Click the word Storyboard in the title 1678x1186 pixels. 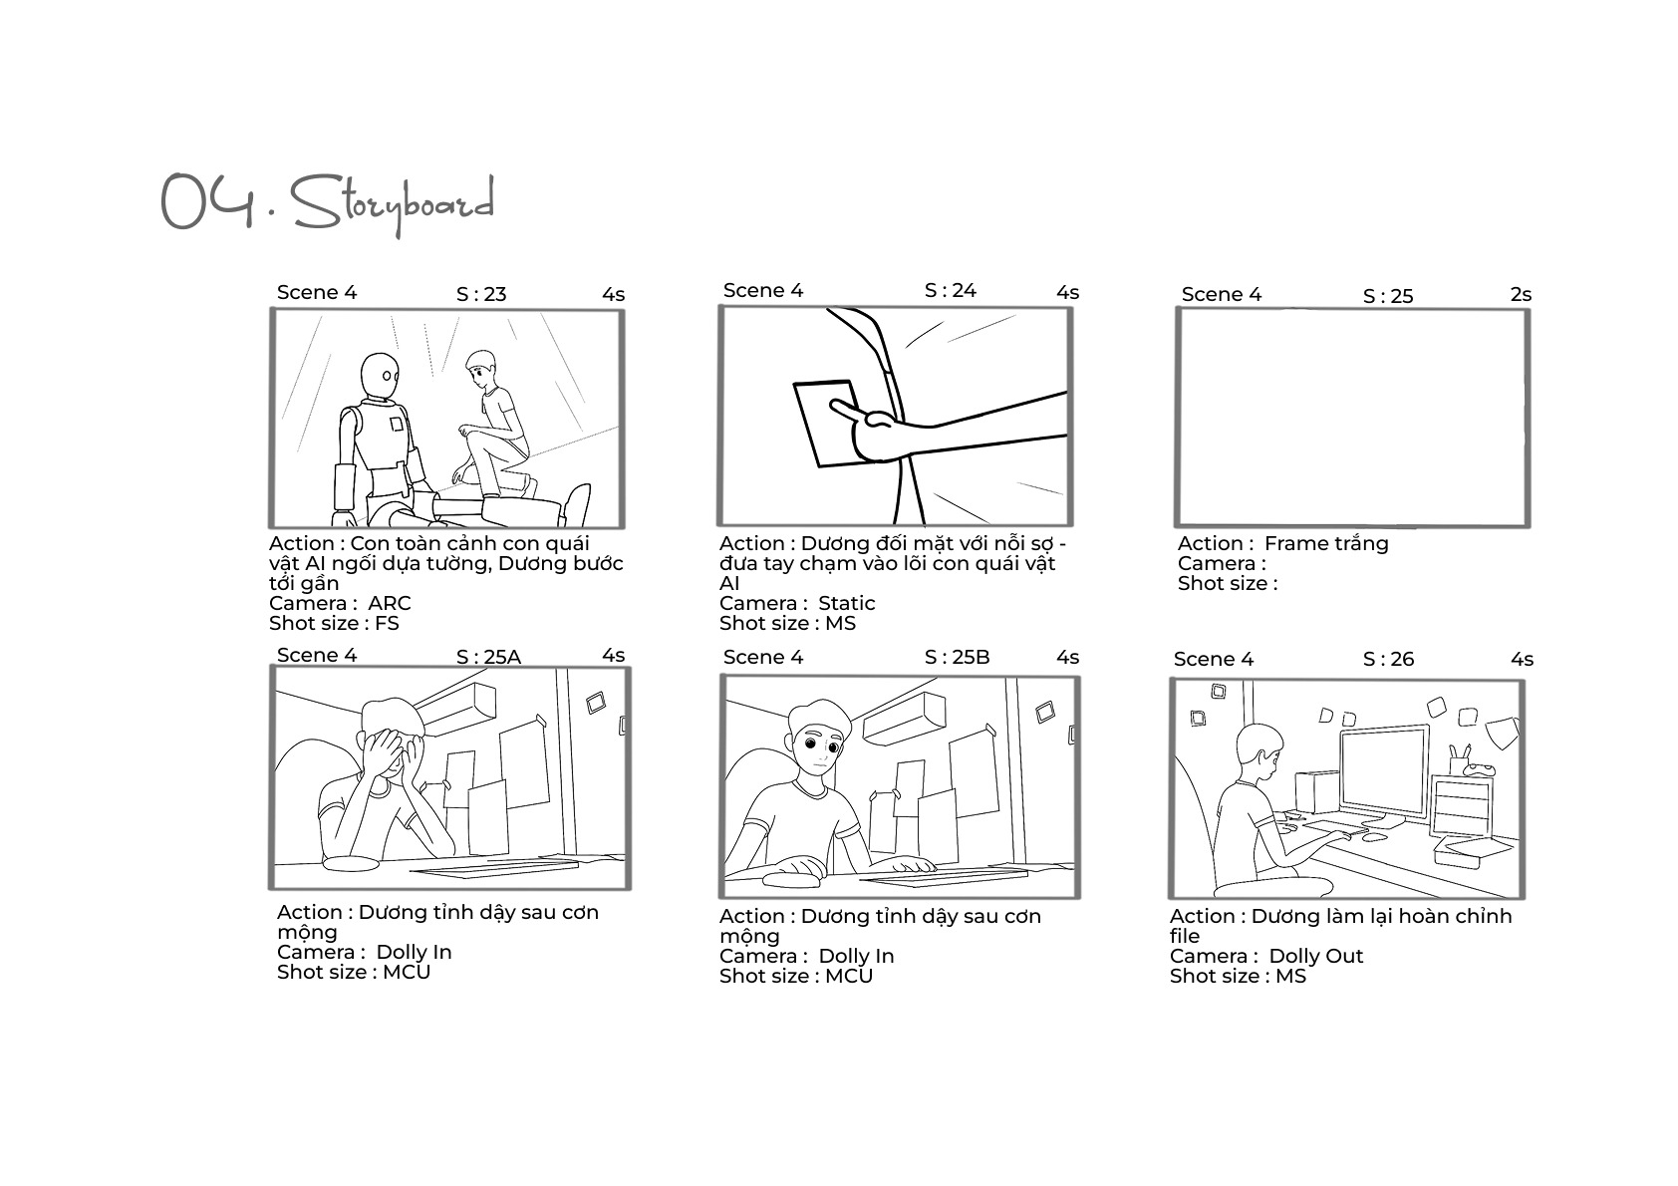click(x=393, y=204)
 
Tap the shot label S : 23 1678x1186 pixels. click(x=481, y=294)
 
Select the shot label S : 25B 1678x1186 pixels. click(x=957, y=657)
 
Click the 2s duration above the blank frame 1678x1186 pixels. click(x=1521, y=294)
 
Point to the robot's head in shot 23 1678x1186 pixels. click(x=379, y=376)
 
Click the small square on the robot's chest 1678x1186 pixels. click(x=397, y=424)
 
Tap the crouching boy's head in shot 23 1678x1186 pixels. click(x=480, y=367)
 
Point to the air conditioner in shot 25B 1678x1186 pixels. click(x=905, y=718)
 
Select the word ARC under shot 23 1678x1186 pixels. click(x=390, y=603)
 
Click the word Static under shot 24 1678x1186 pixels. click(x=847, y=603)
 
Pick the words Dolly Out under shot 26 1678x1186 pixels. click(x=1316, y=956)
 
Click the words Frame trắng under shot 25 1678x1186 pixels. click(x=1326, y=543)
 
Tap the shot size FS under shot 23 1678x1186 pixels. click(x=388, y=623)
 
